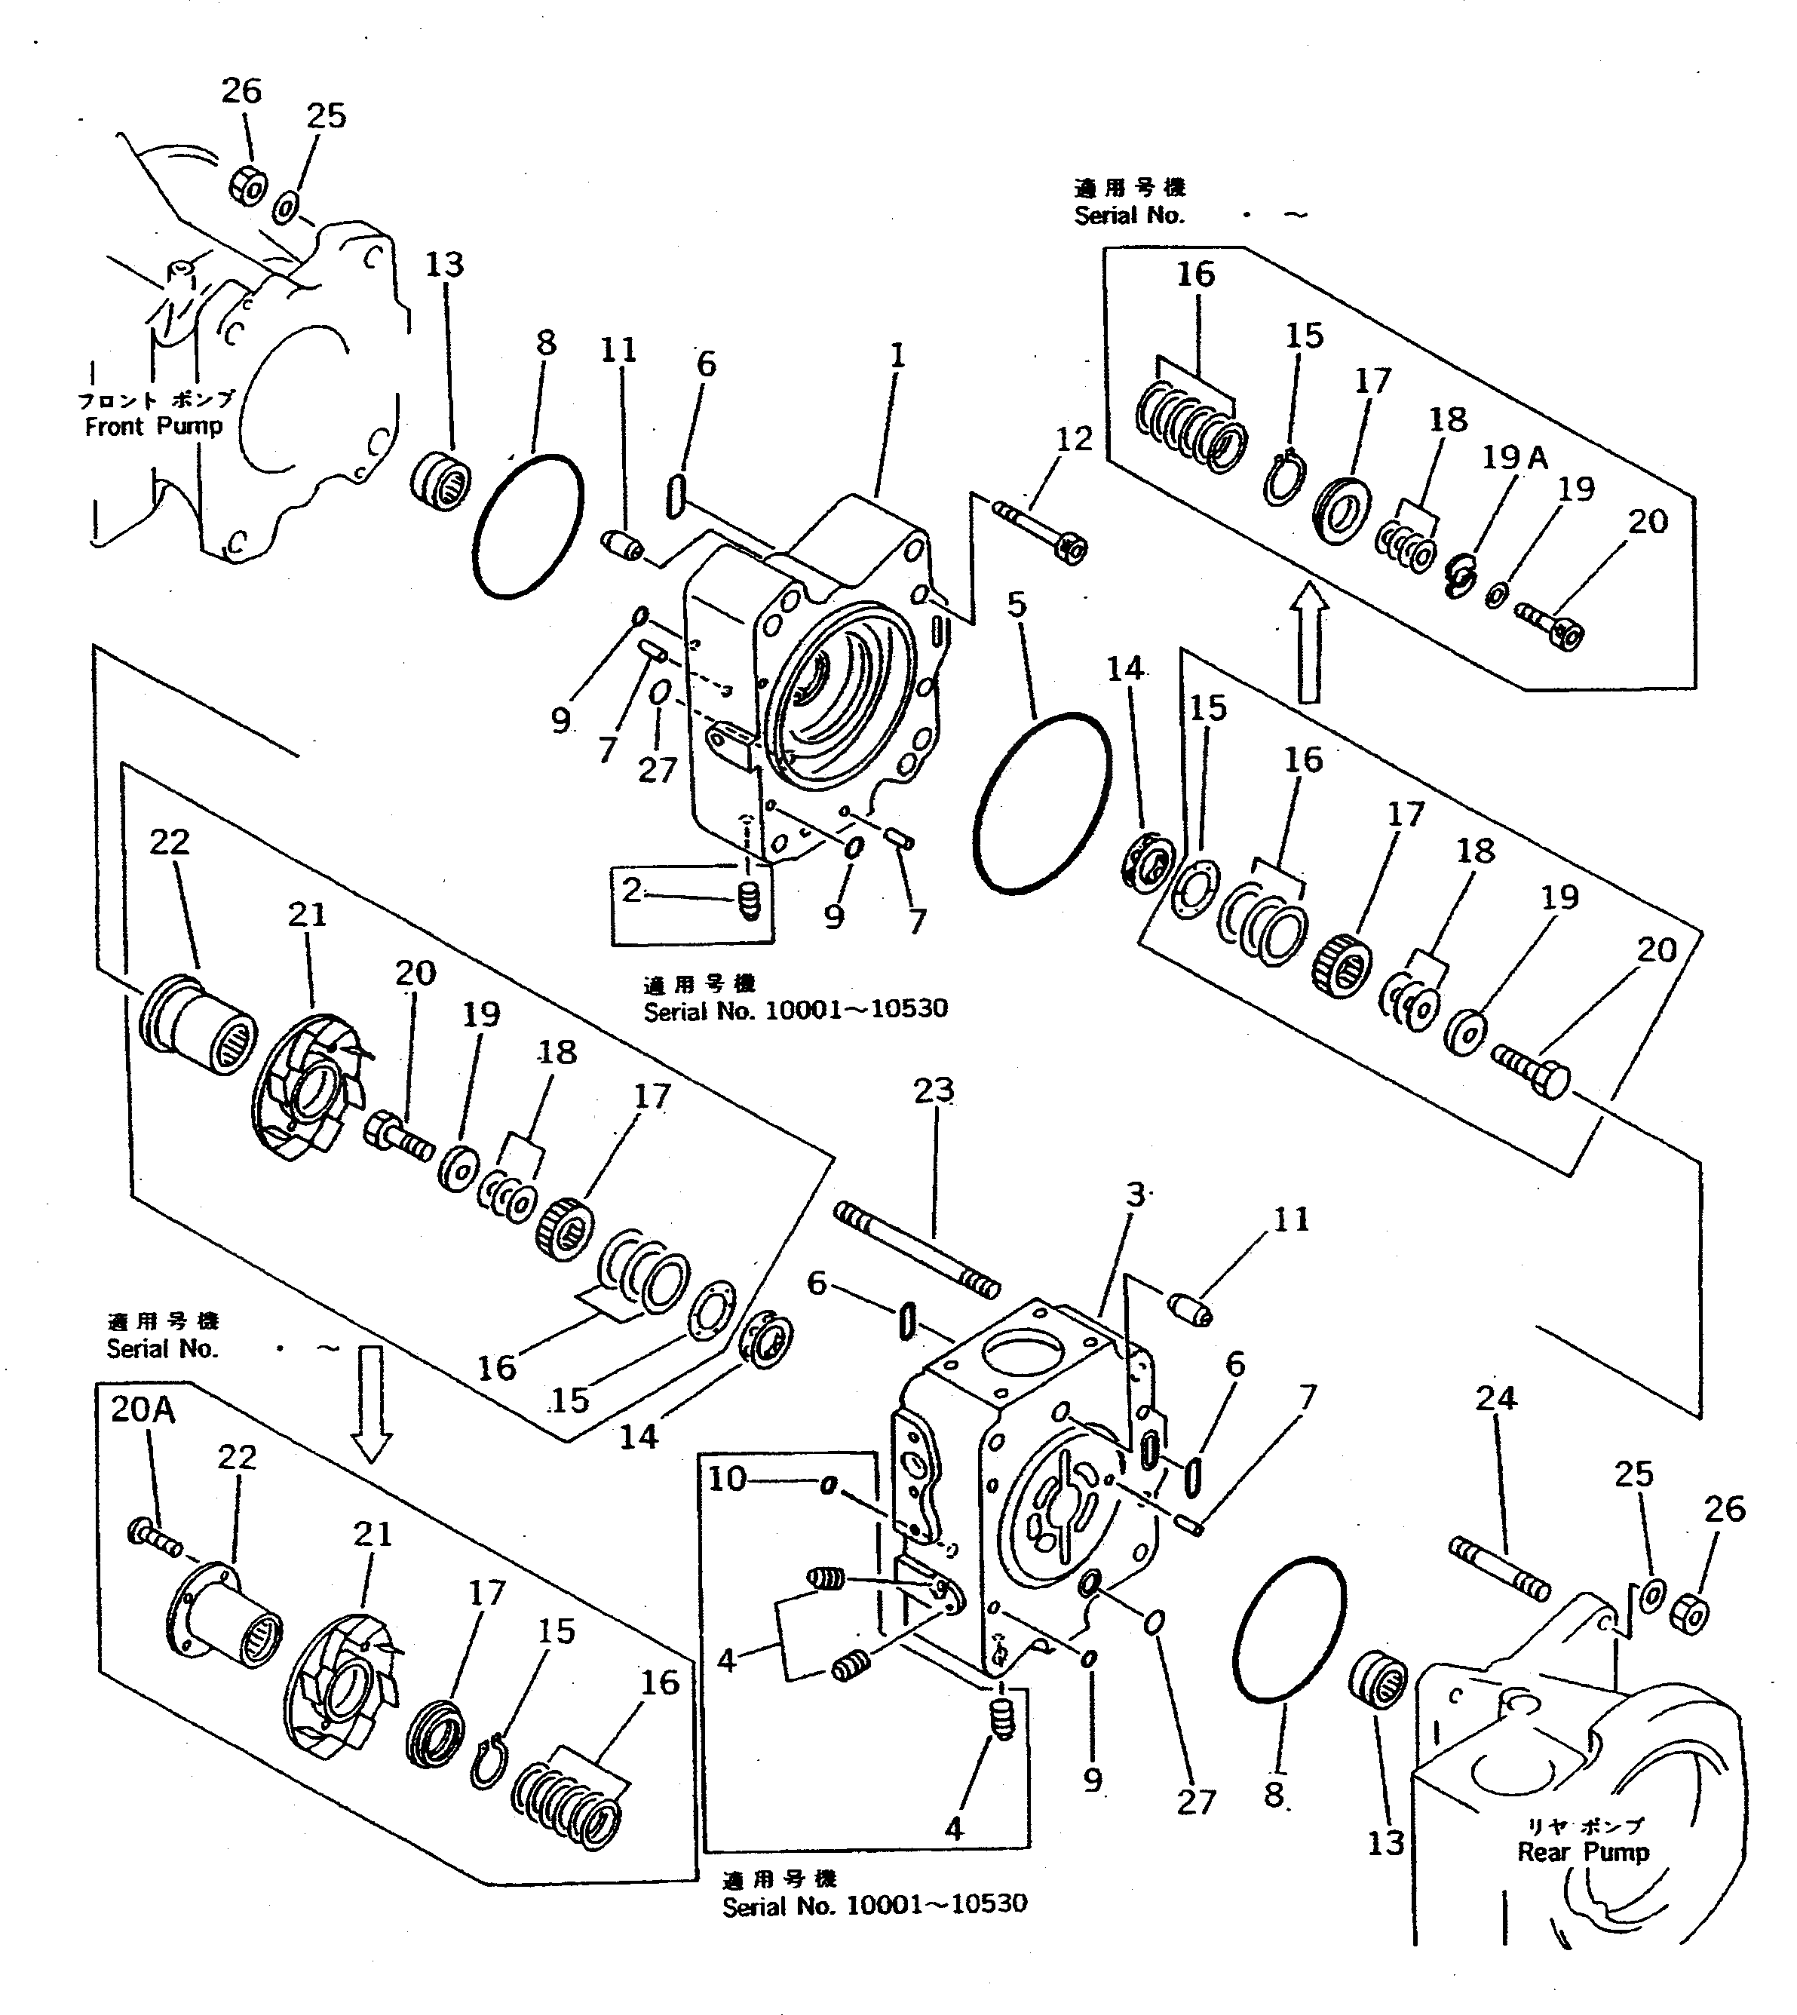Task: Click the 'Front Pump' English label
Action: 153,427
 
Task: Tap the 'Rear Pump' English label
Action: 1583,1852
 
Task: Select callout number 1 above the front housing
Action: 897,355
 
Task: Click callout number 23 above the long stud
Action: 933,1090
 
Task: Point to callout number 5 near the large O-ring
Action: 1017,604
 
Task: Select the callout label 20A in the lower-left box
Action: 143,1409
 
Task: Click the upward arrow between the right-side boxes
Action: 1309,642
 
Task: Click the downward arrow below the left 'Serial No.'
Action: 373,1404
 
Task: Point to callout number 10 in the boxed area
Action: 728,1479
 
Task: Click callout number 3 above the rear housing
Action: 1136,1194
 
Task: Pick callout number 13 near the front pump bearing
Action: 444,265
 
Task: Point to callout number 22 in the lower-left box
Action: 236,1457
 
